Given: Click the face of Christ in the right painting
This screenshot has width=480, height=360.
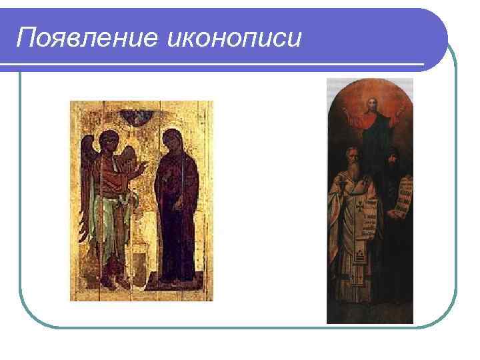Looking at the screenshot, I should (372, 106).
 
